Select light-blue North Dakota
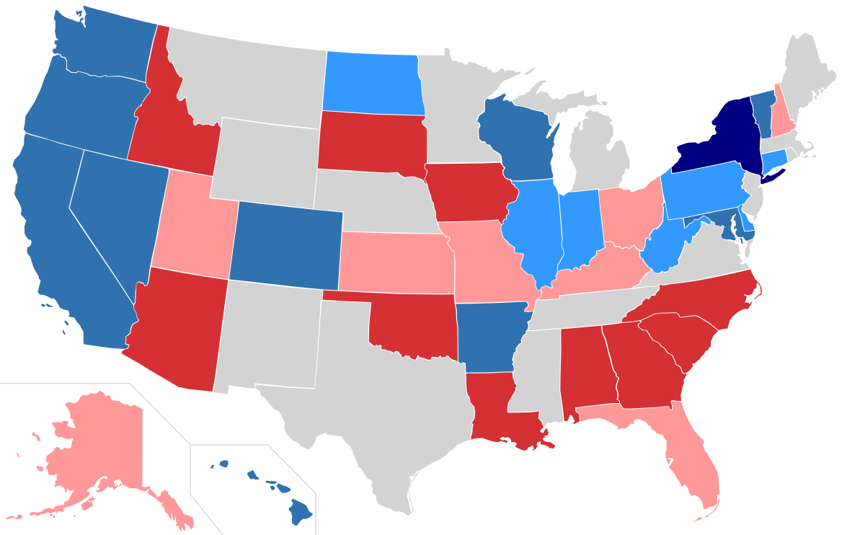tap(371, 83)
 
